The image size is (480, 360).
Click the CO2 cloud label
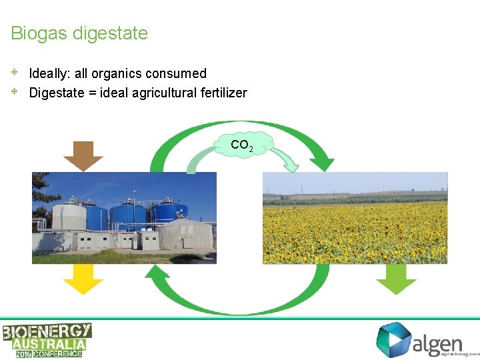(241, 145)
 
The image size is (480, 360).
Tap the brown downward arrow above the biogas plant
(83, 155)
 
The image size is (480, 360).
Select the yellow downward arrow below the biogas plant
(83, 279)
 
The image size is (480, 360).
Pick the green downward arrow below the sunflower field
(396, 279)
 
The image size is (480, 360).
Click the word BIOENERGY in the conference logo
(47, 331)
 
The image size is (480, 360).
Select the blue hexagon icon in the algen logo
(393, 339)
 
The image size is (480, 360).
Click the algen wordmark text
(437, 343)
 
